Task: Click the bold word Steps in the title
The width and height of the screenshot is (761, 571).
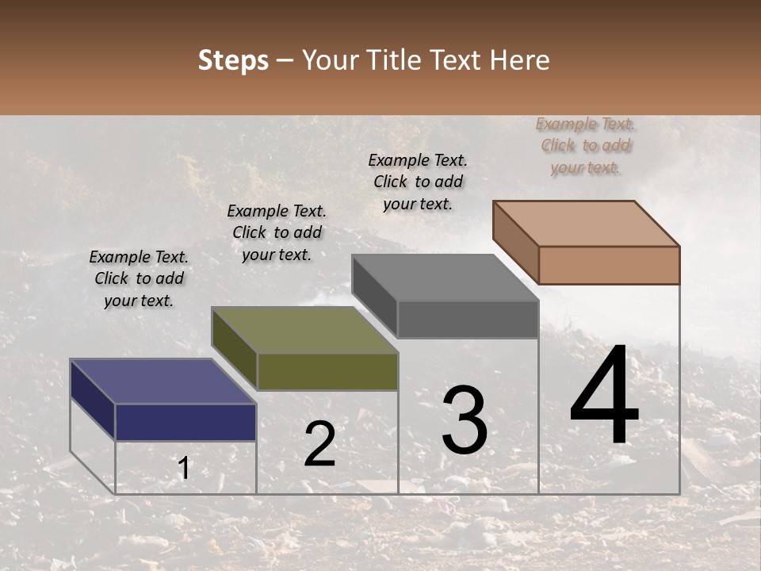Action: pyautogui.click(x=233, y=60)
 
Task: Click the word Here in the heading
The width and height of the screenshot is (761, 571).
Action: pyautogui.click(x=520, y=60)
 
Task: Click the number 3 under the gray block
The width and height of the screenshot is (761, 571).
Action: pyautogui.click(x=465, y=420)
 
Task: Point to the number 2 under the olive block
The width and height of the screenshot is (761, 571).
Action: pyautogui.click(x=319, y=444)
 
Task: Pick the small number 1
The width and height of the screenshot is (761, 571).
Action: pyautogui.click(x=184, y=469)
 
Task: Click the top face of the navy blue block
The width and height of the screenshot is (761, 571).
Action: pyautogui.click(x=163, y=381)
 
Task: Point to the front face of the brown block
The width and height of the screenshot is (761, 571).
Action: pyautogui.click(x=609, y=265)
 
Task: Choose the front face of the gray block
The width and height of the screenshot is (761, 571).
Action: pyautogui.click(x=468, y=319)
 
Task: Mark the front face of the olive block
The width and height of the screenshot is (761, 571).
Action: pyautogui.click(x=327, y=372)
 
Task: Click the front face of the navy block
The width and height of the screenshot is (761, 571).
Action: pyautogui.click(x=185, y=422)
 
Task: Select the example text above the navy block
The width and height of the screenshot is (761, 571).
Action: pyautogui.click(x=139, y=278)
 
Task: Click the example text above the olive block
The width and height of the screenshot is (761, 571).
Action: pyautogui.click(x=277, y=232)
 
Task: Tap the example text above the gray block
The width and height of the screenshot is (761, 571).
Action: pyautogui.click(x=418, y=182)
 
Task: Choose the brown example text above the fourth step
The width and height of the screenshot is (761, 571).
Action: pyautogui.click(x=586, y=145)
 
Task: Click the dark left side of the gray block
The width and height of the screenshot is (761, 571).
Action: pyautogui.click(x=374, y=295)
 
